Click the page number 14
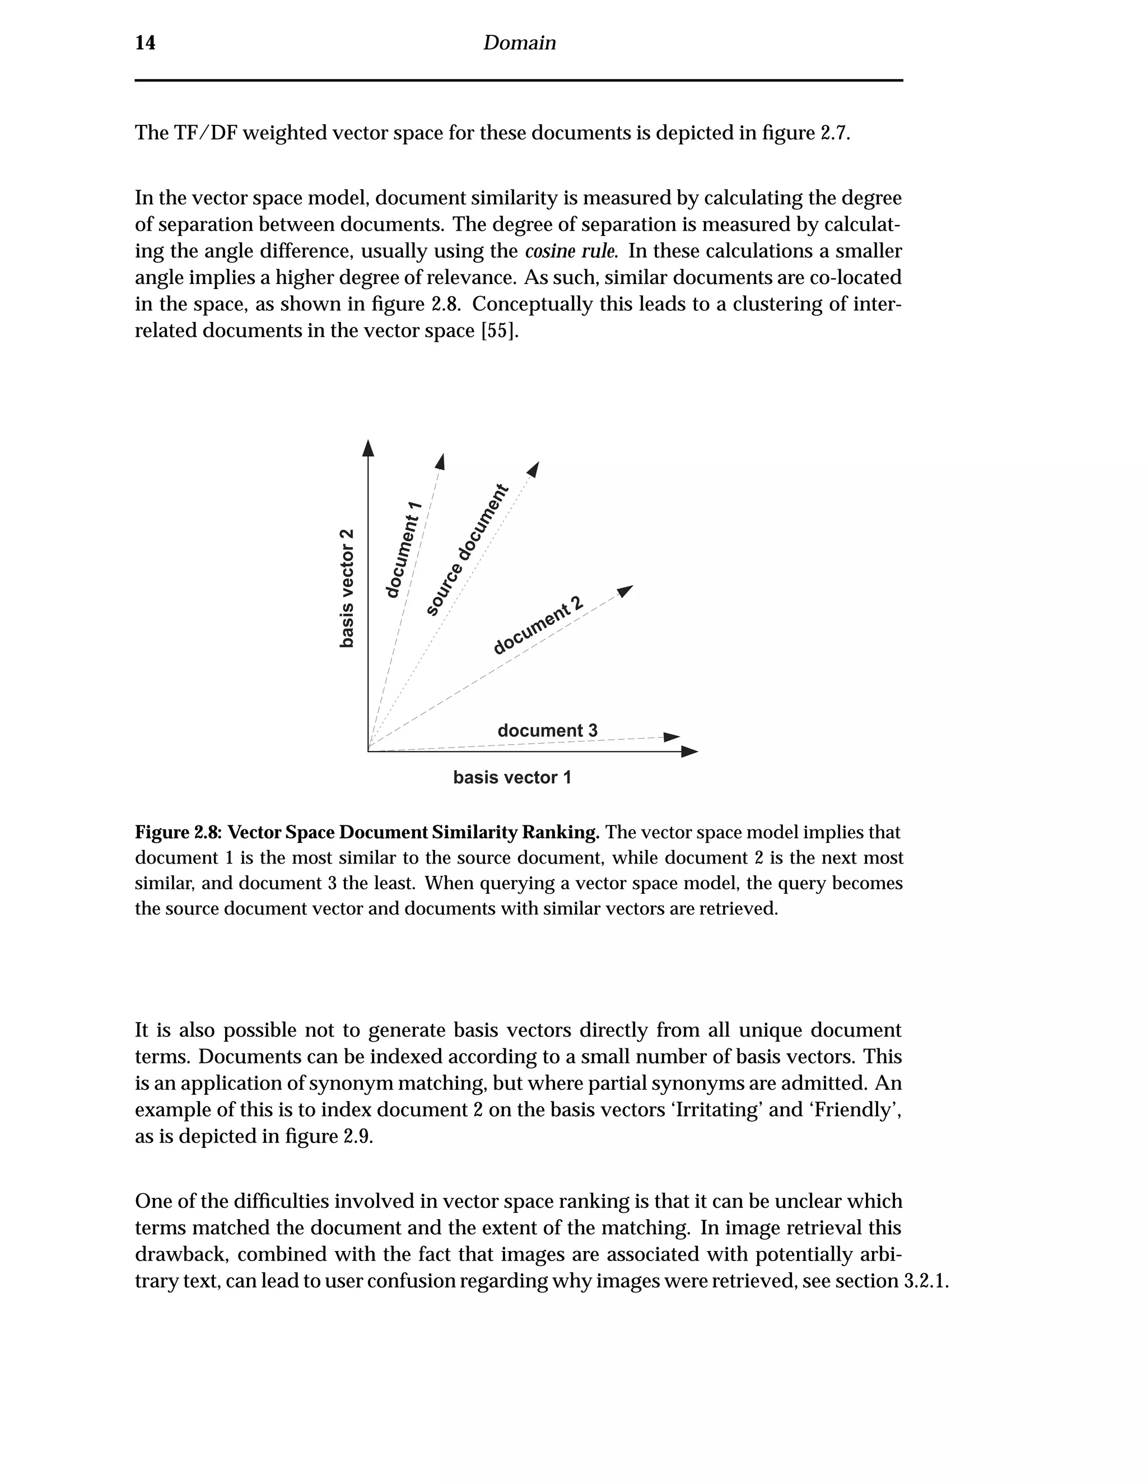tap(146, 43)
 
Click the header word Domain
tap(519, 43)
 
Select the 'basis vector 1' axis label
tap(512, 777)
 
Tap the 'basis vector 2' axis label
tap(347, 588)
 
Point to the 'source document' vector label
tap(467, 550)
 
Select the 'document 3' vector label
tap(547, 730)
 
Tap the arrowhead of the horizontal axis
tap(689, 752)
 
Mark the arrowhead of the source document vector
tap(533, 469)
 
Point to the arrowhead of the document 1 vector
tap(440, 461)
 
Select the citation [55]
tap(500, 331)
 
